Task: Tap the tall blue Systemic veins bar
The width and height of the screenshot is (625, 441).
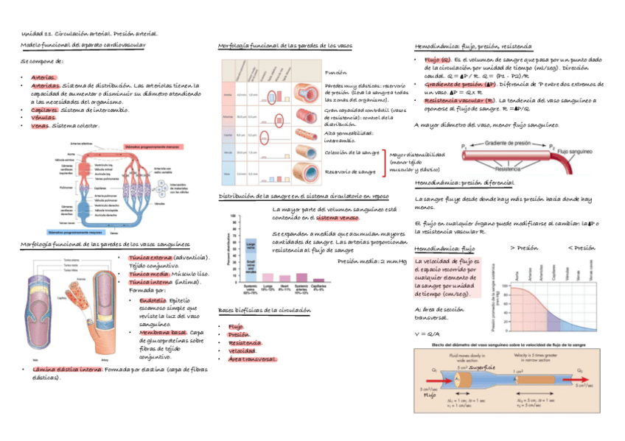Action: pyautogui.click(x=251, y=255)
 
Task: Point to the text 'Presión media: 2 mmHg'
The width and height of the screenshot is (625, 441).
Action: pyautogui.click(x=371, y=261)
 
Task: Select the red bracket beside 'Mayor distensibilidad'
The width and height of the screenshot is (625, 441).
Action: pyautogui.click(x=384, y=162)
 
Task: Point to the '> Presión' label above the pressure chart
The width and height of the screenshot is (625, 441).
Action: pyautogui.click(x=524, y=248)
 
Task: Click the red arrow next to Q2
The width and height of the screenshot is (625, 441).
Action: pyautogui.click(x=583, y=378)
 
